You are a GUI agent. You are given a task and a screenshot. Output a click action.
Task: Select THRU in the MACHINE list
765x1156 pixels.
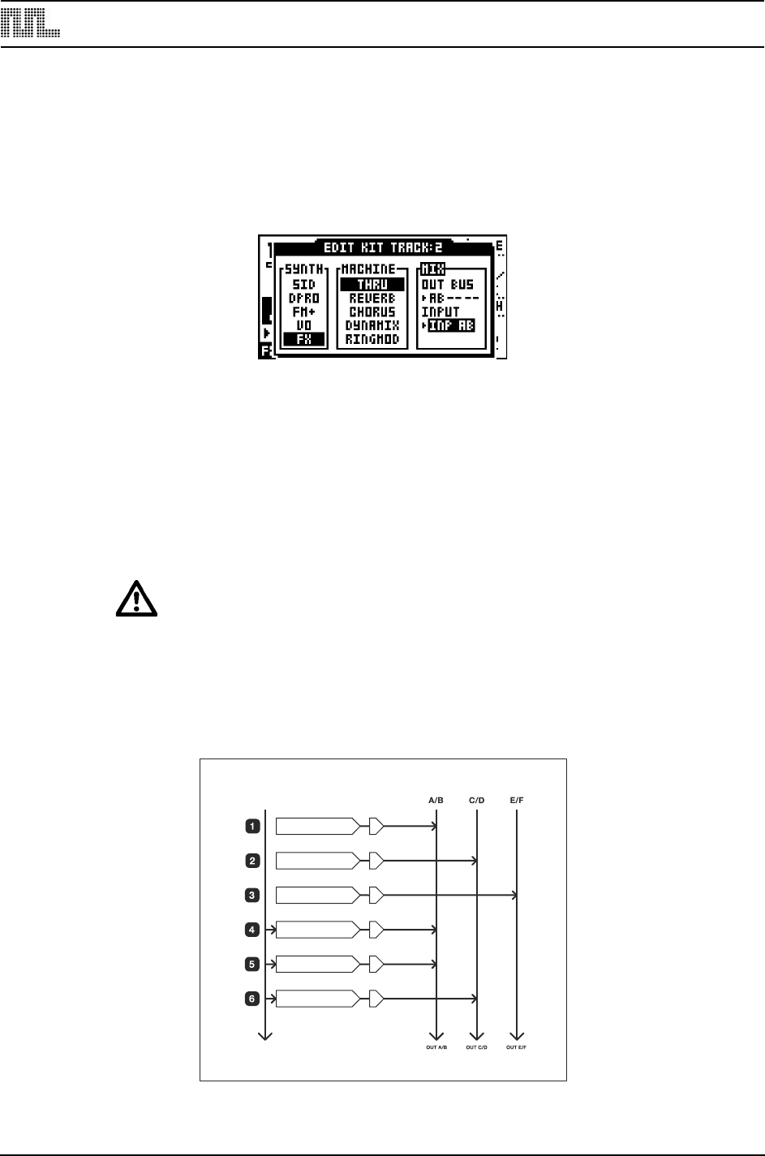click(372, 285)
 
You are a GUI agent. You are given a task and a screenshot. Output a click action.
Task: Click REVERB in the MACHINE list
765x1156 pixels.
click(372, 299)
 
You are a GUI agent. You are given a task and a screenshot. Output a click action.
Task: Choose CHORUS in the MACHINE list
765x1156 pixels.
click(372, 312)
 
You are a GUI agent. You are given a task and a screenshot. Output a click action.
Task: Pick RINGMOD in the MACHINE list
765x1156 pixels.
click(372, 339)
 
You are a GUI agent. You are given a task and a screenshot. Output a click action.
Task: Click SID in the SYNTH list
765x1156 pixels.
click(303, 285)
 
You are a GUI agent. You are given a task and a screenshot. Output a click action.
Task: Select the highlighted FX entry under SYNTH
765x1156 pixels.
click(303, 340)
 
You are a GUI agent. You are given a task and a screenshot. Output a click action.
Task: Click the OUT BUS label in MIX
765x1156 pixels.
click(448, 285)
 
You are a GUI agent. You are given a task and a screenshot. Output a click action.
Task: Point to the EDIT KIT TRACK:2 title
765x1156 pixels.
click(383, 247)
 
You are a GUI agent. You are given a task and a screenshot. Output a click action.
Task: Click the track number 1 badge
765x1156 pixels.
click(252, 827)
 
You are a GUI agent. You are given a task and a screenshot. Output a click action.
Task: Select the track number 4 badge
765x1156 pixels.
click(252, 929)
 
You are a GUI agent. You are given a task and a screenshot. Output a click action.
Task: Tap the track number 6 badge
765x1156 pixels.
click(252, 999)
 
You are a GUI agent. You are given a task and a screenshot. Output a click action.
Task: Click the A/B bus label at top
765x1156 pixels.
click(436, 801)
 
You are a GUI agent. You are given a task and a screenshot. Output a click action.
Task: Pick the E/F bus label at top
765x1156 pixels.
click(516, 801)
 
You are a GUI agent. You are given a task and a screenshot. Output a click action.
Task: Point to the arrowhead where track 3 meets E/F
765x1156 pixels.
click(514, 896)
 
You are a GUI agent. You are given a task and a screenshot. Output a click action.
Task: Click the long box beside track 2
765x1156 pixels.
click(316, 861)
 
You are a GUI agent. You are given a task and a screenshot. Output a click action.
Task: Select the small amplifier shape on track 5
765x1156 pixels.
click(376, 964)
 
